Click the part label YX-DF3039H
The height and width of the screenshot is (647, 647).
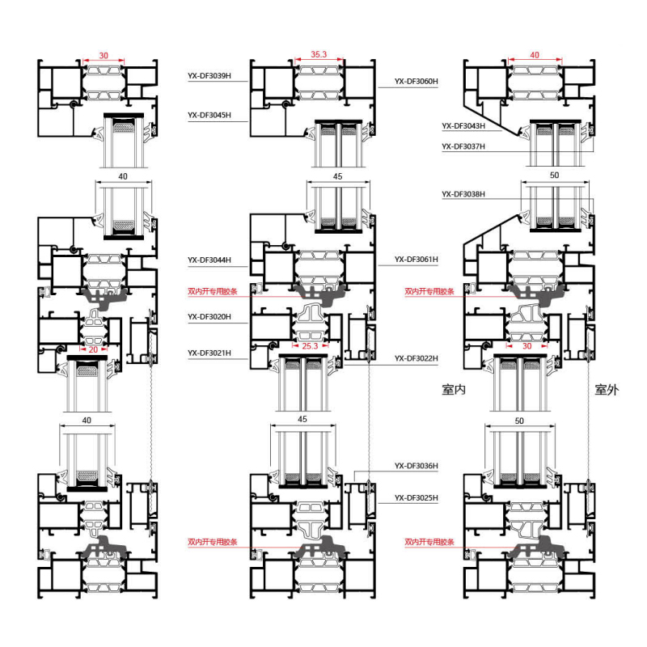209,75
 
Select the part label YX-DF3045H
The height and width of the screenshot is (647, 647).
209,115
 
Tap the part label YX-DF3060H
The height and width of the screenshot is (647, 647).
416,82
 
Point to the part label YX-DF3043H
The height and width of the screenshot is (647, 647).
463,126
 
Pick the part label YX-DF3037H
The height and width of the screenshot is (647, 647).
463,146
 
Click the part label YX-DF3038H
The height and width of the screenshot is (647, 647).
463,194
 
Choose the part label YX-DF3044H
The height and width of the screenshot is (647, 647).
209,260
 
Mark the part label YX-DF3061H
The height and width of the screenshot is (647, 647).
416,260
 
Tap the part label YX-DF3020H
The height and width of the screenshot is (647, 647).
209,317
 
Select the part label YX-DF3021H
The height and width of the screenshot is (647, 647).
209,353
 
